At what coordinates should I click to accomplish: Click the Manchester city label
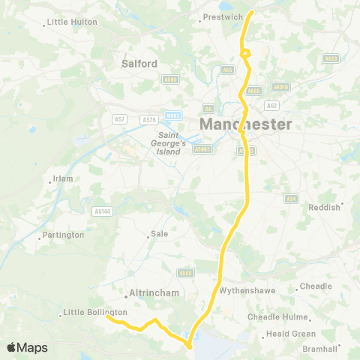pos(245,124)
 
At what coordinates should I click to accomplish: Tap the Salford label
pos(139,64)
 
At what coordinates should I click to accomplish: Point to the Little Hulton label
pos(72,22)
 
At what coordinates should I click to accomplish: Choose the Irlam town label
pos(61,179)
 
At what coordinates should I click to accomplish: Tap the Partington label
pos(63,235)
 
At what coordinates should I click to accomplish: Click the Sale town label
pos(159,234)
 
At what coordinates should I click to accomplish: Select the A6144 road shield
pos(102,212)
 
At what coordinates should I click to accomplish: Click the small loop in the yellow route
pos(244,52)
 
